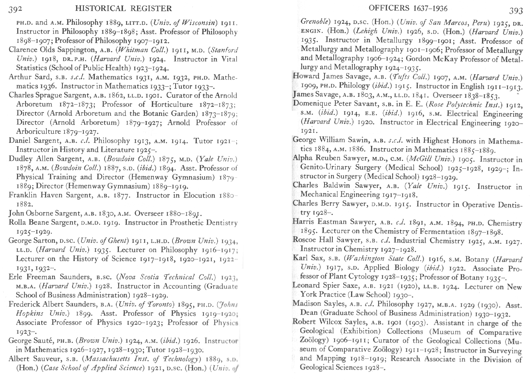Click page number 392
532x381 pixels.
(x=15, y=9)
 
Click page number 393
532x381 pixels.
(x=516, y=10)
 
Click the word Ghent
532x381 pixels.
(x=119, y=241)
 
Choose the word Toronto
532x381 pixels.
(x=159, y=304)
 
